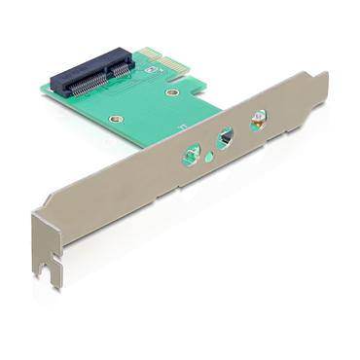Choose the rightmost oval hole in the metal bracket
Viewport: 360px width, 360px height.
coord(258,124)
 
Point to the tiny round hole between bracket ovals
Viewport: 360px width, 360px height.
coord(210,148)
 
